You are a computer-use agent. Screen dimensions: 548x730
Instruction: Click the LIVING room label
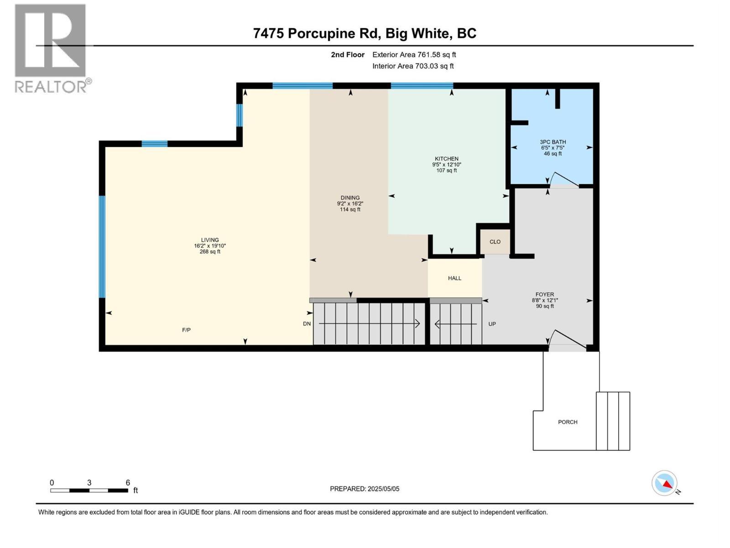(210, 240)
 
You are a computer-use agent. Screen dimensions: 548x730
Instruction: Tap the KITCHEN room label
(446, 159)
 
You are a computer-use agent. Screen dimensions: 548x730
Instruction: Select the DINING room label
(350, 198)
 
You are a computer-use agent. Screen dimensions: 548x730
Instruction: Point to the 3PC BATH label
(553, 142)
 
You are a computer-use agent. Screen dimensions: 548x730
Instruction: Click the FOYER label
(545, 295)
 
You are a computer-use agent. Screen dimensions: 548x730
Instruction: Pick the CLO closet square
(495, 242)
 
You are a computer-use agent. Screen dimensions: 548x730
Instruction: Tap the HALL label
(454, 278)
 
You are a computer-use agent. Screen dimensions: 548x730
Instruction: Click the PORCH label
(568, 422)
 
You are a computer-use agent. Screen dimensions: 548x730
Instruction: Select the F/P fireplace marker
(186, 330)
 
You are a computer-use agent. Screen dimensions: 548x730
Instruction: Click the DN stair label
(307, 324)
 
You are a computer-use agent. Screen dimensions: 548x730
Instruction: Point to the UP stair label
(492, 324)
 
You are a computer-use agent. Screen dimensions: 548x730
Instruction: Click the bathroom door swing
(564, 180)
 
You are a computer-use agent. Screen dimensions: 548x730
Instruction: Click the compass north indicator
(664, 483)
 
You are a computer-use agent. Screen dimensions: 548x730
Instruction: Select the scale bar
(89, 490)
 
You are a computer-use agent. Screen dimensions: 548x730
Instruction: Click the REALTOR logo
(51, 48)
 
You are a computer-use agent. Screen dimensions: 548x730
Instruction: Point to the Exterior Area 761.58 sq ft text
(414, 55)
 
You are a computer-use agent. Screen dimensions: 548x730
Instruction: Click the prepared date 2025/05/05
(365, 489)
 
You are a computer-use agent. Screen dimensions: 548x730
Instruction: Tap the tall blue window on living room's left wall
(102, 247)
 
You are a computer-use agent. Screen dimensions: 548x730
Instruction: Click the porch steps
(613, 421)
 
